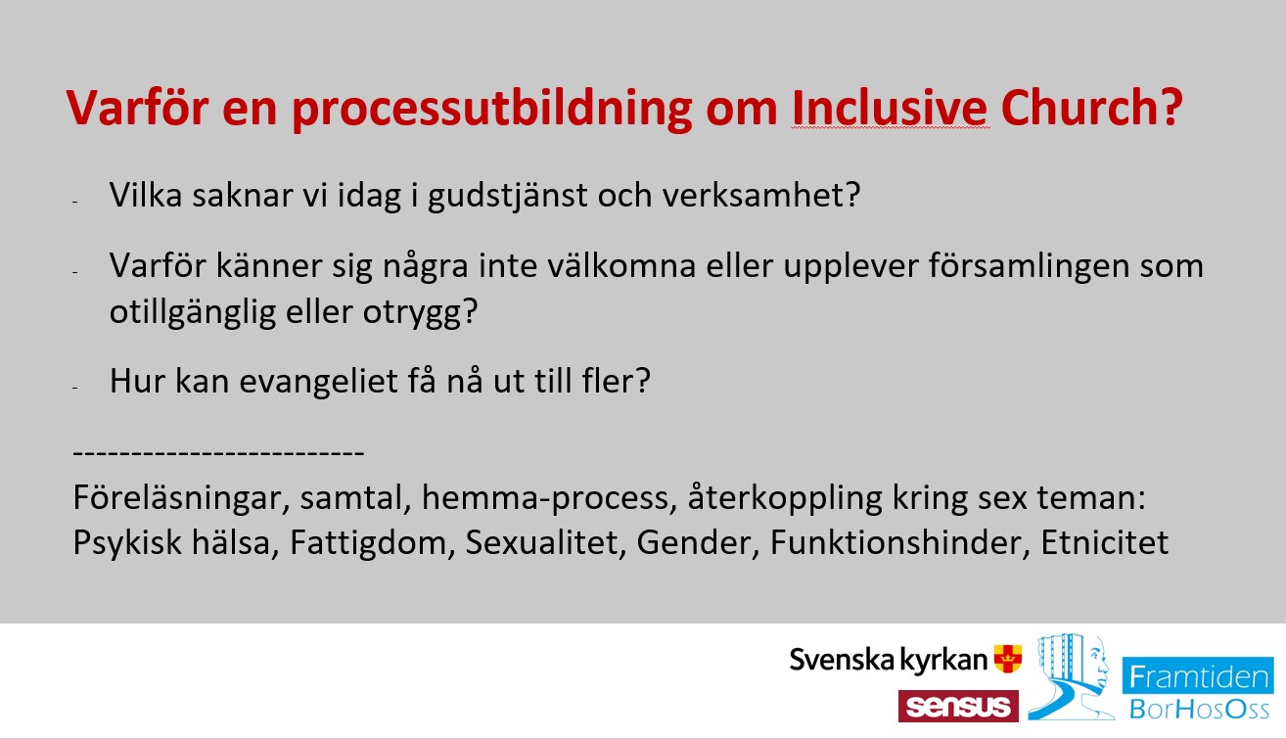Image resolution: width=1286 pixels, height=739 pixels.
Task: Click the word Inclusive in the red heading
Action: tap(890, 108)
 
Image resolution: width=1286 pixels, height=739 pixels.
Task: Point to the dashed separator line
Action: tap(218, 452)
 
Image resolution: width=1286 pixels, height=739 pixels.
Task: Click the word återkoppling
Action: tap(784, 498)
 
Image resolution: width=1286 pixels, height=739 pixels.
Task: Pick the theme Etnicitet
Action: tap(1104, 542)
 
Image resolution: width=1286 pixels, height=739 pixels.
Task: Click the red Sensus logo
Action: tap(958, 706)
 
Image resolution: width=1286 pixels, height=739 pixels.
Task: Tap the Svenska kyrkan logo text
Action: tap(888, 660)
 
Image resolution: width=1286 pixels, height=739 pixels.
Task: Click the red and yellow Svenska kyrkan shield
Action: tap(1007, 659)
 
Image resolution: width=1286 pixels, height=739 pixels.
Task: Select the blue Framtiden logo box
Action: tap(1198, 675)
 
